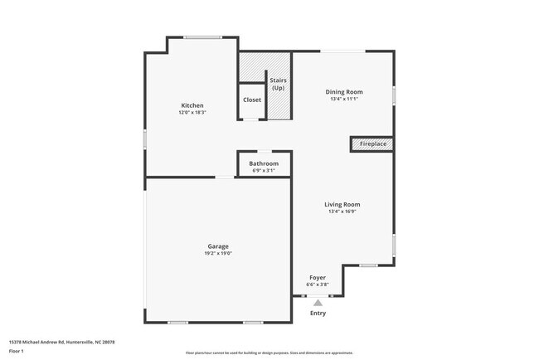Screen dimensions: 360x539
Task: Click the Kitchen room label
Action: coord(192,105)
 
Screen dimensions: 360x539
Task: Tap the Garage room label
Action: coord(219,246)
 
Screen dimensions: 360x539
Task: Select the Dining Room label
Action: coord(343,91)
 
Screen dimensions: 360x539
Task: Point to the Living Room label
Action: coord(342,204)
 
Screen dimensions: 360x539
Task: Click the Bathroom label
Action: coord(264,163)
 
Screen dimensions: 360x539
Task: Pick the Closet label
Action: coord(252,100)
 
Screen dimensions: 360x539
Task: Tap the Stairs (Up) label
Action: coord(279,84)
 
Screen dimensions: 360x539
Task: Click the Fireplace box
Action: coord(371,144)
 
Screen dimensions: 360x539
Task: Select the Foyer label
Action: coord(318,277)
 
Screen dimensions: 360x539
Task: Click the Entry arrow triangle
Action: coord(318,303)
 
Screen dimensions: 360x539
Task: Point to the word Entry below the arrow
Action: coord(318,313)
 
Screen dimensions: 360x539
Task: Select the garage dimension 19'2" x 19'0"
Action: coord(219,253)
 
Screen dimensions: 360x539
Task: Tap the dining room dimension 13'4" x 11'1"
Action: coord(343,99)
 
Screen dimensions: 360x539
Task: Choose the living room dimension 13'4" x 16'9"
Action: coord(342,212)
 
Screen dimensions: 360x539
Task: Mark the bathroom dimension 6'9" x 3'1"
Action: coord(264,171)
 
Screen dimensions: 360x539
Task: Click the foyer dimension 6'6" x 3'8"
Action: coord(318,285)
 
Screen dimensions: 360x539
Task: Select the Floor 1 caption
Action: coord(17,351)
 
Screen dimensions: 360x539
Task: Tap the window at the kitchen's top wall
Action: coord(202,36)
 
